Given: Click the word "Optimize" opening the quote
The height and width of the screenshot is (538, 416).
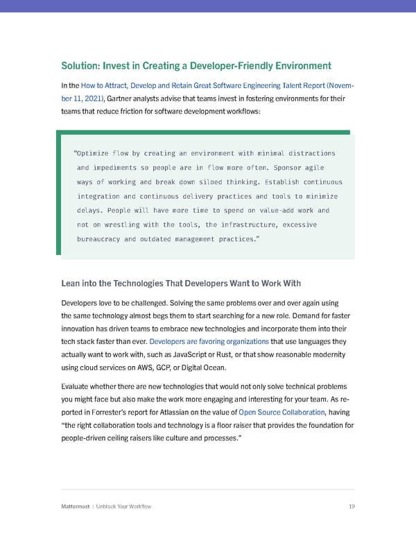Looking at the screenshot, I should tap(94, 153).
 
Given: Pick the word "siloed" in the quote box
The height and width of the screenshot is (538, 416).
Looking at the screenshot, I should tap(205, 182).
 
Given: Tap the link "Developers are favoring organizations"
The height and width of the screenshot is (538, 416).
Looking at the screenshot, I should tap(209, 342).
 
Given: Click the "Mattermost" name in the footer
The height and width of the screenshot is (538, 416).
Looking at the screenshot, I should tap(76, 507).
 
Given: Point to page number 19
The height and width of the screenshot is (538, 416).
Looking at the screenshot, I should tap(352, 507).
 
